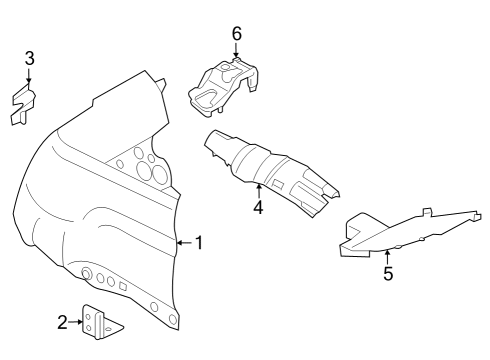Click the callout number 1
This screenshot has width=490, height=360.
[x=198, y=242]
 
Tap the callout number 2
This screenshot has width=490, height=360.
[x=62, y=322]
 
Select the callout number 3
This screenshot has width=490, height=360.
[x=29, y=57]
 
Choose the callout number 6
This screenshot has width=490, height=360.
[x=236, y=34]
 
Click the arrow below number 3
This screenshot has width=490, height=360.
[x=29, y=76]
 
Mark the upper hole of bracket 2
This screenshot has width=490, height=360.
[x=90, y=317]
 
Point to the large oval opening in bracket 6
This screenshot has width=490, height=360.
[x=206, y=95]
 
